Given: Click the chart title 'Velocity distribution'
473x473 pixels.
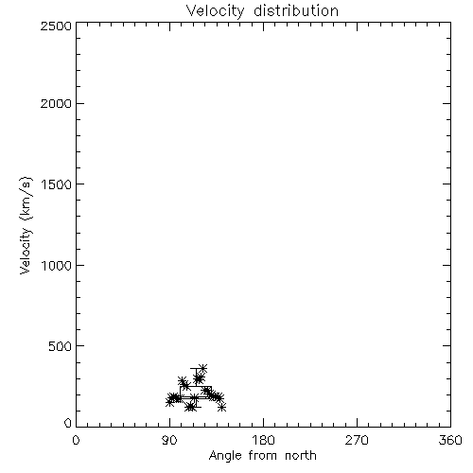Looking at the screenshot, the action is pos(262,11).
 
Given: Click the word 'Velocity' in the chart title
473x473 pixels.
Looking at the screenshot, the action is pos(215,11).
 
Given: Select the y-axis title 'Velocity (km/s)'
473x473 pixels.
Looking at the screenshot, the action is pos(26,225).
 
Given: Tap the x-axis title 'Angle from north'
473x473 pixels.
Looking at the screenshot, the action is pos(263,456).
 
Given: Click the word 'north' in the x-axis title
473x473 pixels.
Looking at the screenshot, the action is pos(301,456).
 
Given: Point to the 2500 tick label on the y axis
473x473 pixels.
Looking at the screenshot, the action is pos(56,26).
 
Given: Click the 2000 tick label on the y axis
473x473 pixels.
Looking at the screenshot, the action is pos(56,103).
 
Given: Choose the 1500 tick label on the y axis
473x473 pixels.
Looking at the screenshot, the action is pos(57,184).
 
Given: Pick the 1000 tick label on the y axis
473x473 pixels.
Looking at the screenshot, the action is pos(57,266).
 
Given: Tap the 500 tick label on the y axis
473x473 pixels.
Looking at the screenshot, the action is pos(61,346).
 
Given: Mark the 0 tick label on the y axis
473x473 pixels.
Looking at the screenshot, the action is pos(68,423).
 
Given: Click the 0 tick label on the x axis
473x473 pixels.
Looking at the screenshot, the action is pos(76,440).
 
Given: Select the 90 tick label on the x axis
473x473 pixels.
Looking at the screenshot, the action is pos(169,440).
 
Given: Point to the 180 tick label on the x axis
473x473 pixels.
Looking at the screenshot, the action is pos(263,440).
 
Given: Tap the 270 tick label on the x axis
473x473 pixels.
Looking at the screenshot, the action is pos(357,440).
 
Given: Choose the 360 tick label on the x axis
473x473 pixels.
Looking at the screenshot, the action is pos(450,440).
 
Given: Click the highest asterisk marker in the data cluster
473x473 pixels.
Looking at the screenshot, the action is pos(202,368).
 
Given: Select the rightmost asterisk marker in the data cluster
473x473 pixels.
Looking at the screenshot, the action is pos(222,407).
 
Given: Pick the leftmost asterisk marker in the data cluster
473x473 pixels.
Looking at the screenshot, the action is pos(169,402).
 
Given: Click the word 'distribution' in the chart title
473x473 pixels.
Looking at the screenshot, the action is pos(296,11).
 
